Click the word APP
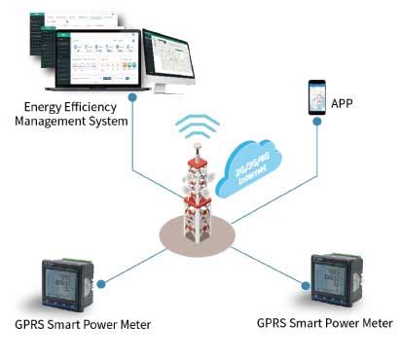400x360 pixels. tap(343, 103)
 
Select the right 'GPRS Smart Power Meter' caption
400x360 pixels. tap(325, 322)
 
